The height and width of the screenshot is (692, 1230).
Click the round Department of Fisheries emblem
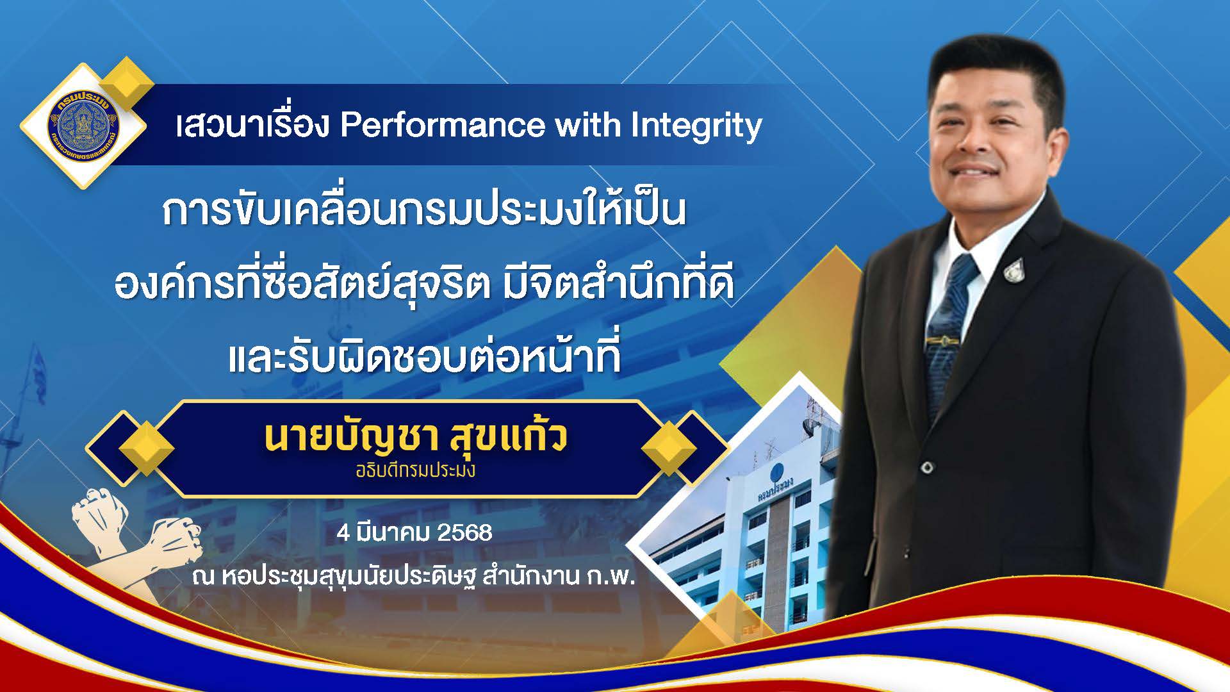(83, 126)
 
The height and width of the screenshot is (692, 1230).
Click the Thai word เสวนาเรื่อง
(252, 126)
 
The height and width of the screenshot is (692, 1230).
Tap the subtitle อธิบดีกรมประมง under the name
(416, 471)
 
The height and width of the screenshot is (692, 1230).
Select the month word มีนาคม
(394, 532)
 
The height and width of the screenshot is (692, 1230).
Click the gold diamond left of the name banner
(147, 448)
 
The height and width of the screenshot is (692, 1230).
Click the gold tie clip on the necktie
(941, 338)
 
